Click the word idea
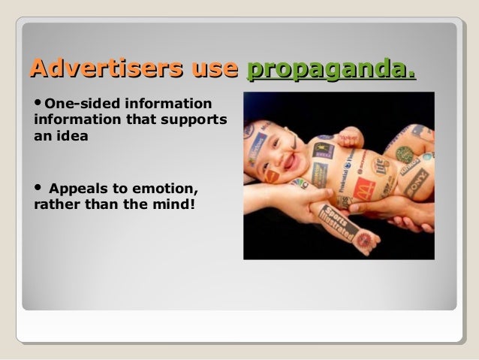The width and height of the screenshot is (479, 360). point(73,138)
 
